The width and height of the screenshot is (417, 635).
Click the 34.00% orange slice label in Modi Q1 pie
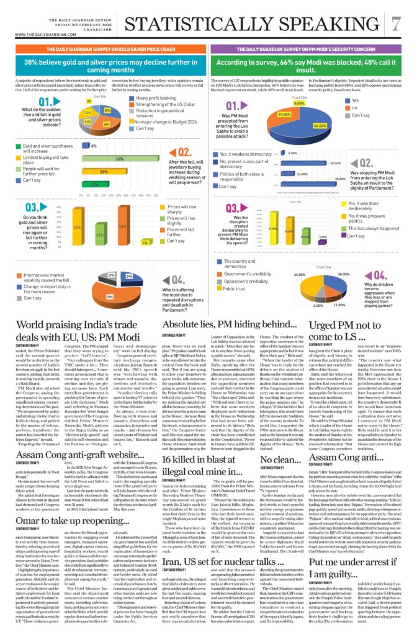284,115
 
